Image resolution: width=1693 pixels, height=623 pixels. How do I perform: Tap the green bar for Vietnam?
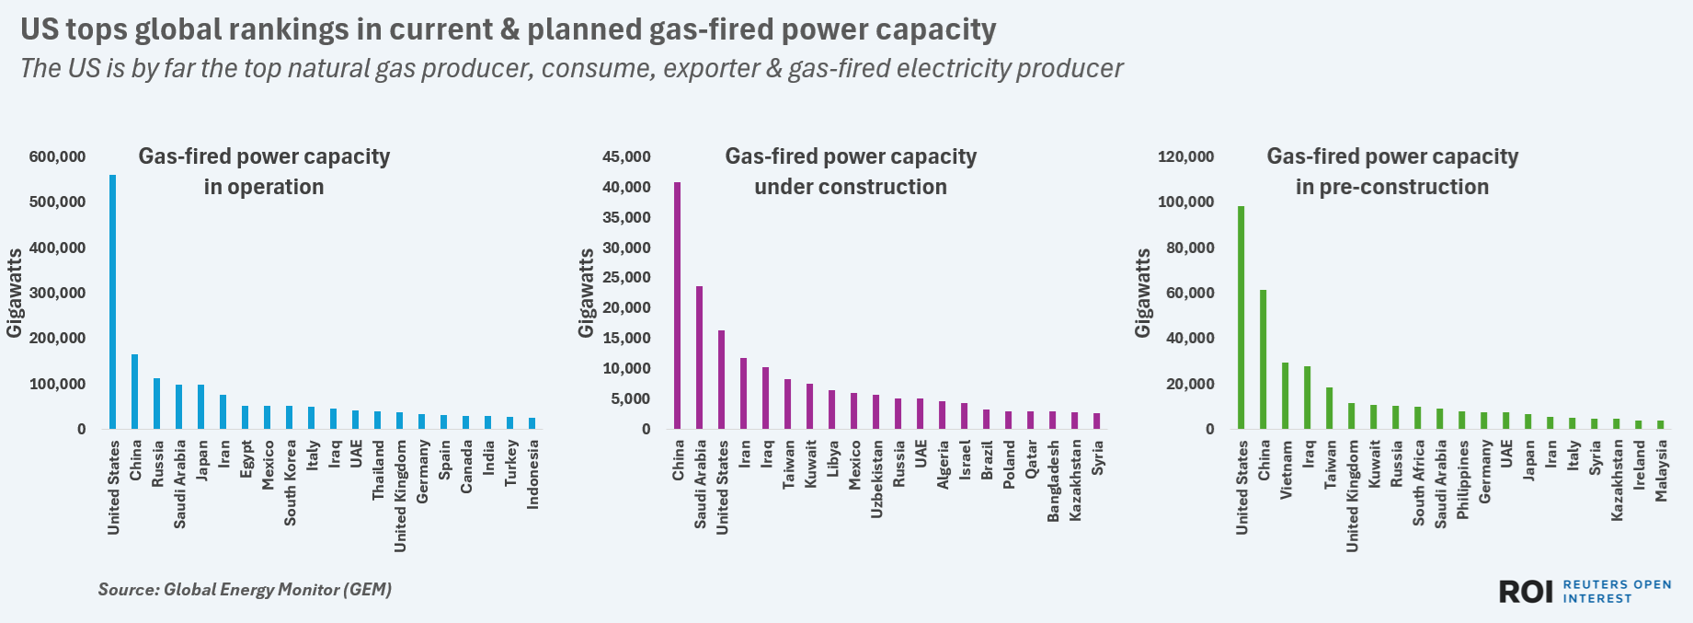[x=1286, y=396]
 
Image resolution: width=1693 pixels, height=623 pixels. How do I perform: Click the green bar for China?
[x=1264, y=359]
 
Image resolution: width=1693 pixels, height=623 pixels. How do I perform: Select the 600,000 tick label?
[x=57, y=157]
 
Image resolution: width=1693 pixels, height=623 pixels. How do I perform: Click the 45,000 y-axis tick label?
[x=626, y=157]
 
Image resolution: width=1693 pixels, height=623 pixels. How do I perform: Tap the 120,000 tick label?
[x=1185, y=157]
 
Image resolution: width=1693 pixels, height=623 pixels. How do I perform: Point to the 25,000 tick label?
[x=626, y=278]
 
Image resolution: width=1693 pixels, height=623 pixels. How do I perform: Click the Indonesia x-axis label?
[x=533, y=474]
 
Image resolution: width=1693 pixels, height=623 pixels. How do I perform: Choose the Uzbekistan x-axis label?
[x=877, y=479]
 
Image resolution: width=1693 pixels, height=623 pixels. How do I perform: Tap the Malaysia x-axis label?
[x=1662, y=470]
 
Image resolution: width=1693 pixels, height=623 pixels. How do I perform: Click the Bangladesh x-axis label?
[x=1054, y=480]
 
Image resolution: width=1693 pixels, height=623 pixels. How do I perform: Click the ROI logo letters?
[x=1526, y=592]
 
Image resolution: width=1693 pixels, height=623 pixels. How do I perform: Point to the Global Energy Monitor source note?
[x=245, y=590]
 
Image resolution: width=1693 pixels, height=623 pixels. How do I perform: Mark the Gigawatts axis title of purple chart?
[x=586, y=293]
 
